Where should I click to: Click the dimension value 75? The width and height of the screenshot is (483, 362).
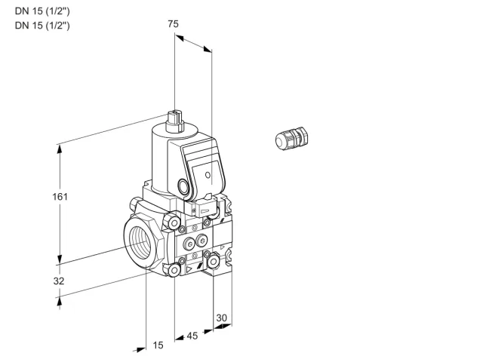173,23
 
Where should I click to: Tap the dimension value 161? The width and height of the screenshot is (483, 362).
60,196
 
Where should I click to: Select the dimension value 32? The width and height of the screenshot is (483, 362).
59,281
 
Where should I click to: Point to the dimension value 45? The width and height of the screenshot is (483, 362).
192,336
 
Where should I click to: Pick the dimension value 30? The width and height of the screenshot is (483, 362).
221,318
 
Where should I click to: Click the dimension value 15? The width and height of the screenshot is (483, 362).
158,345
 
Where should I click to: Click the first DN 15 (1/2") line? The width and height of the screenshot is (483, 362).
42,11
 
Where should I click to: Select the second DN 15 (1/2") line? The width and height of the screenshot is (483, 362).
42,25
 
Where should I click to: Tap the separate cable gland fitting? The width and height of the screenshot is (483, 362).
291,139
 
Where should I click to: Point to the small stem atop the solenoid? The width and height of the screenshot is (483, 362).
174,120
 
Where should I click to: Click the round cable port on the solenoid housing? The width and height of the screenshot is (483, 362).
183,186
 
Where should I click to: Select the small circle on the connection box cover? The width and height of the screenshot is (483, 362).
208,175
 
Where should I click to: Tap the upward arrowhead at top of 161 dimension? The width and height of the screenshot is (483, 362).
60,149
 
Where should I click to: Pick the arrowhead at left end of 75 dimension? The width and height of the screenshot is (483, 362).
179,38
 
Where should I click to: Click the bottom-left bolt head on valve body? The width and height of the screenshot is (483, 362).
174,270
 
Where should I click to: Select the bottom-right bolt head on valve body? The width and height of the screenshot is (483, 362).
213,262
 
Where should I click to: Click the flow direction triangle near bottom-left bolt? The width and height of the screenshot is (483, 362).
189,270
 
